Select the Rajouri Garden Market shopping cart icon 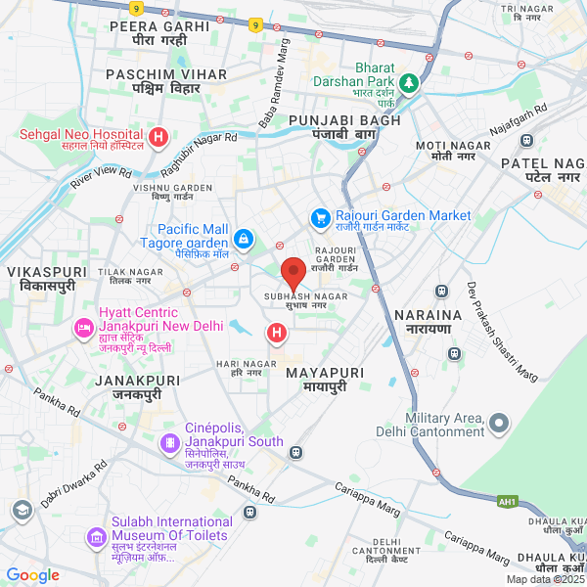tap(319, 215)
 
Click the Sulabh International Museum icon tap(96, 536)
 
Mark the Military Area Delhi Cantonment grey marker tap(499, 424)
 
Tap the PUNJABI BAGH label tap(332, 119)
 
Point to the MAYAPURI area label tap(325, 373)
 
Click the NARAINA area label tap(427, 315)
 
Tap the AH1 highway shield tap(506, 502)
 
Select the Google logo tap(33, 575)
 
